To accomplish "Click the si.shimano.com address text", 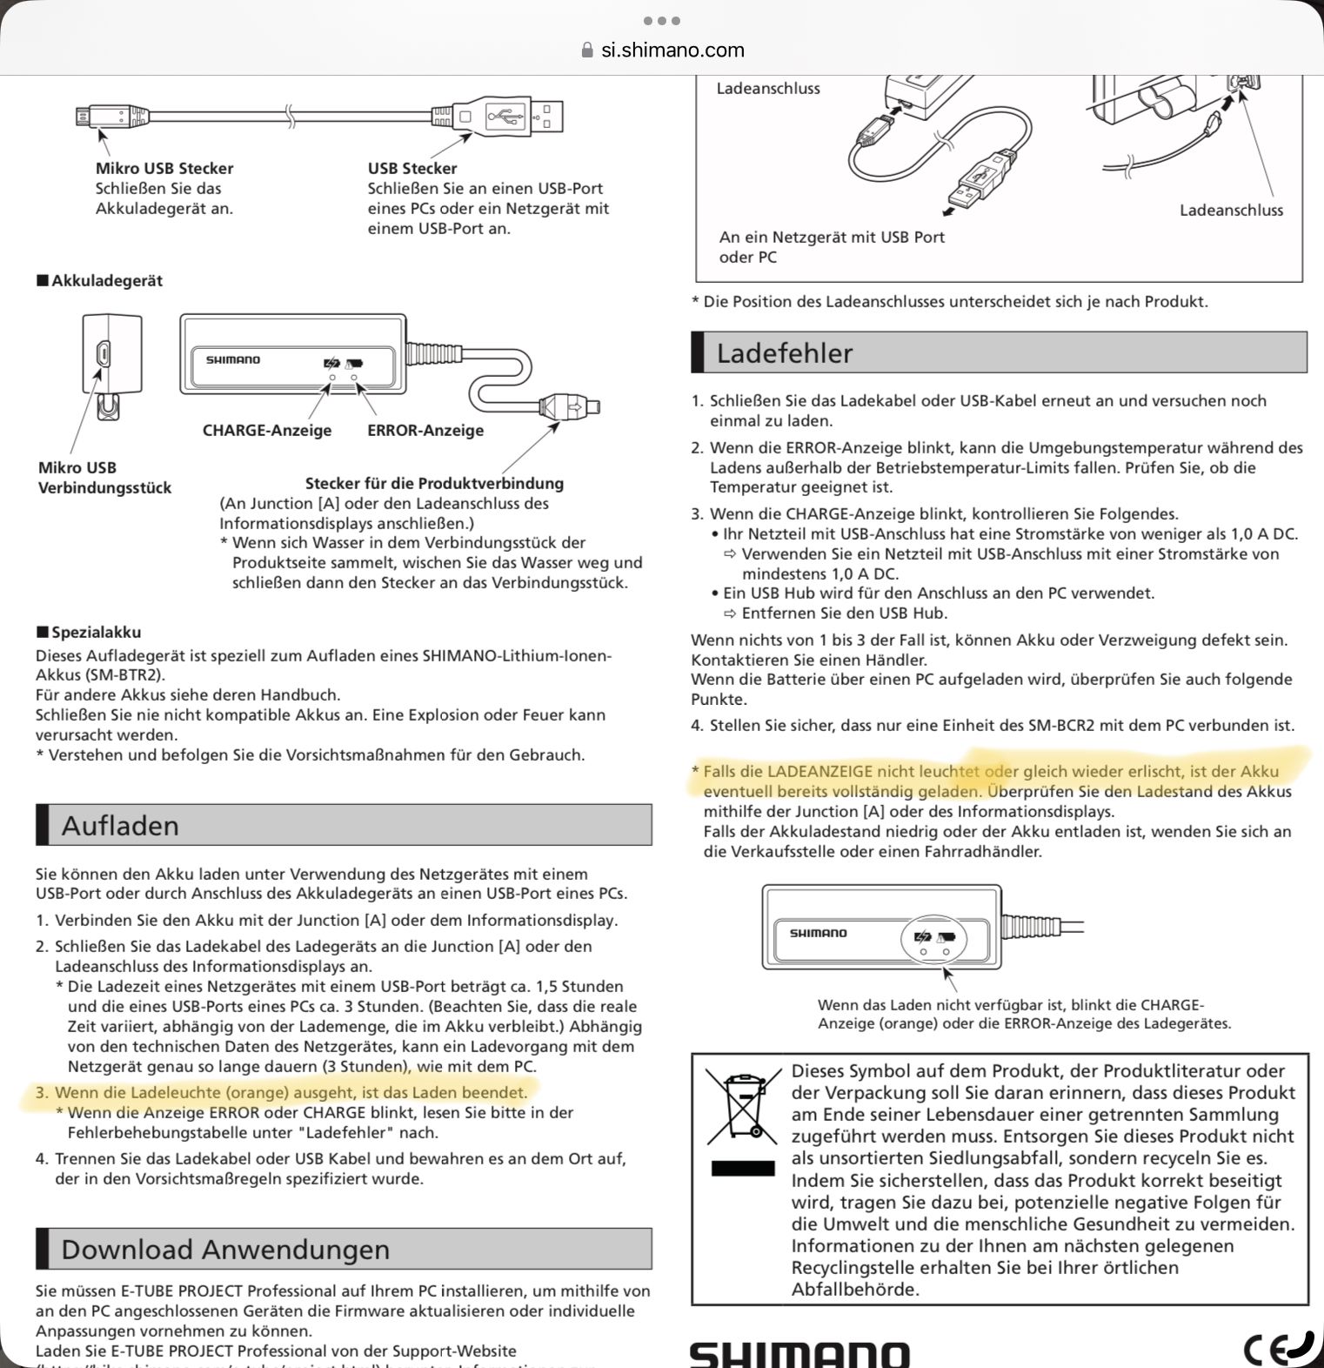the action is point(672,50).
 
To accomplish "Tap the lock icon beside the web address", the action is point(587,50).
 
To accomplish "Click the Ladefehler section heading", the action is point(785,352).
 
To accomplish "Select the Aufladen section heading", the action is point(120,825).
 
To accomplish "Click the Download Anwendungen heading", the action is point(225,1249).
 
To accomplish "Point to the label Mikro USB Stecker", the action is point(164,168).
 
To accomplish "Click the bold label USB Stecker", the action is point(412,168).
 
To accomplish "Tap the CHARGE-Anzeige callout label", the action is point(267,430).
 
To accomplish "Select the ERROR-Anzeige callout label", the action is point(425,430).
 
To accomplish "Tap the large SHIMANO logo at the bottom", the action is point(799,1354).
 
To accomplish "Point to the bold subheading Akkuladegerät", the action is point(107,280).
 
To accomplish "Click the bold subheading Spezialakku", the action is point(96,632).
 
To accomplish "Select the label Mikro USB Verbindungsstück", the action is point(104,478).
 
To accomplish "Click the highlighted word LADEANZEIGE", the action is point(819,771).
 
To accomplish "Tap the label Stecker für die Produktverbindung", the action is point(434,483).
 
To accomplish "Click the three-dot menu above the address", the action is point(662,20).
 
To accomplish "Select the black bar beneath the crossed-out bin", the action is point(743,1168).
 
